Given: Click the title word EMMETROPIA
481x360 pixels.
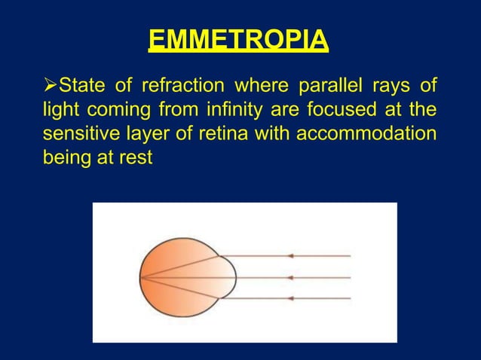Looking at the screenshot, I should click(238, 40).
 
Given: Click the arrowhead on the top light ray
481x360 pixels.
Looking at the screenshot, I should click(290, 257).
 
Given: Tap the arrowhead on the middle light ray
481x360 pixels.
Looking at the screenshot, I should click(290, 278).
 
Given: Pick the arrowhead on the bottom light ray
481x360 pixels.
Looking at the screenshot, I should click(290, 299).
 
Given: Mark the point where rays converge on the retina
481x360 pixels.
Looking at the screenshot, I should click(141, 278).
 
